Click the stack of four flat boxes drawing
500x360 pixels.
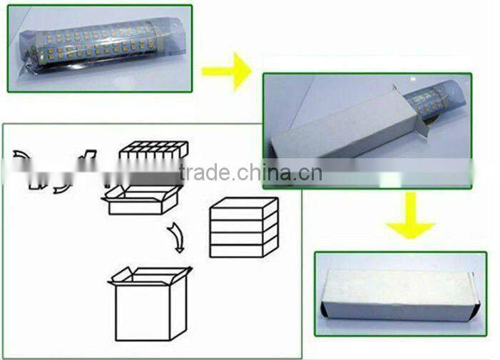243,227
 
